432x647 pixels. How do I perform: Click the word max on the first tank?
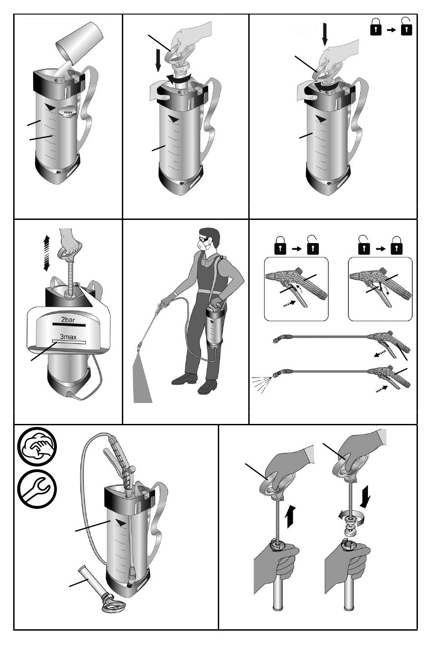(68, 112)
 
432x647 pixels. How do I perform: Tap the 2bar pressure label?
(68, 320)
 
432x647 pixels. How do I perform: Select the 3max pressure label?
(68, 337)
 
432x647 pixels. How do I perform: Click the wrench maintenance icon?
(37, 489)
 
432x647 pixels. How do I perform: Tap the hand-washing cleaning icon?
(37, 447)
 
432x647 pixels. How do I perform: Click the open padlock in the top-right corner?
(406, 26)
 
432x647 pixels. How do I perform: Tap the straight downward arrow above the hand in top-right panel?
(325, 34)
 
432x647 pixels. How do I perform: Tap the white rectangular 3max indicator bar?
(69, 342)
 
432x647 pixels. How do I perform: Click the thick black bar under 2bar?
(69, 325)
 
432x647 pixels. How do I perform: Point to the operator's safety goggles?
(205, 239)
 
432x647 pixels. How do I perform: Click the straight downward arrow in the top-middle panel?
(158, 60)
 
